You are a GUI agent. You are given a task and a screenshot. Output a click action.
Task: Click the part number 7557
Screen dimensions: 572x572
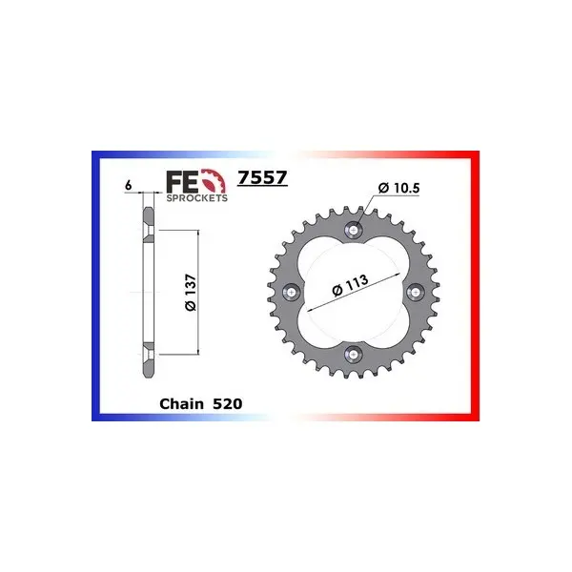click(x=262, y=178)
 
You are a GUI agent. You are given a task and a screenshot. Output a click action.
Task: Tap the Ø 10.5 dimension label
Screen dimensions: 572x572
click(x=398, y=188)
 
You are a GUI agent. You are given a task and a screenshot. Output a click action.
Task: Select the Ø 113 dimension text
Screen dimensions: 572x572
click(x=350, y=285)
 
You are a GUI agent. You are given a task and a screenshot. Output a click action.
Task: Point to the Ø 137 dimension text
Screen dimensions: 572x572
click(x=191, y=293)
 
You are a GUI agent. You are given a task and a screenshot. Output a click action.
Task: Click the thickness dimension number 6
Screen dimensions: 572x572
click(x=128, y=185)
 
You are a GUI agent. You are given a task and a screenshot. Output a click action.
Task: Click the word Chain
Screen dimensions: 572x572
click(x=182, y=404)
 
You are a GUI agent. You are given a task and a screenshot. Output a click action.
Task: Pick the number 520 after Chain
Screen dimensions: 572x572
click(x=227, y=404)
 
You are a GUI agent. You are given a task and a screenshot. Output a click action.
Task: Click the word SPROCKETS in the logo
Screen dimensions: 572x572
click(x=197, y=197)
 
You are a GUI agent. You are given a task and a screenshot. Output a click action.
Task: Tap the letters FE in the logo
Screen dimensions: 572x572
click(x=183, y=182)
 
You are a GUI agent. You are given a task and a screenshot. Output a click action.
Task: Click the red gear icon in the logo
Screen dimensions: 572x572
click(x=214, y=180)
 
